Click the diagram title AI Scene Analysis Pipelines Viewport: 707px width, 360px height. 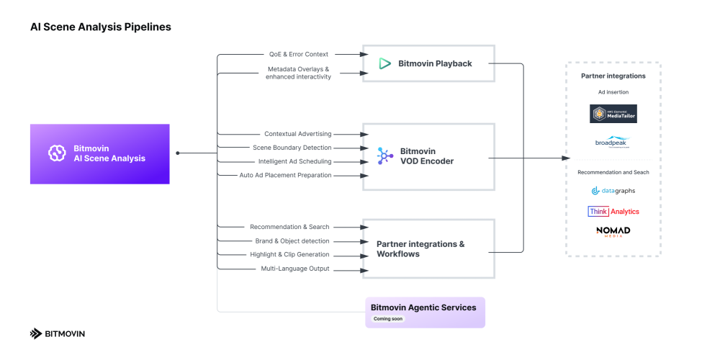[100, 27]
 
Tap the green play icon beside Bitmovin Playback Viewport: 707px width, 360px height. [385, 63]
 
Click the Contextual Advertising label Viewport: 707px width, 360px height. [297, 134]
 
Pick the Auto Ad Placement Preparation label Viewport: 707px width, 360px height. [285, 175]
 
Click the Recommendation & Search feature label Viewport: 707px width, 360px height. [289, 227]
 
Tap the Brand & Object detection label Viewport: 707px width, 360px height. [292, 240]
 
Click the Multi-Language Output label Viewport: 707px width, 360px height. [294, 269]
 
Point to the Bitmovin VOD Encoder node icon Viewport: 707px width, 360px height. [385, 156]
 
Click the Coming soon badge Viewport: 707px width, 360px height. [388, 319]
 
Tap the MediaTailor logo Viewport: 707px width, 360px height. [613, 114]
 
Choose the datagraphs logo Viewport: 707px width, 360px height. [613, 191]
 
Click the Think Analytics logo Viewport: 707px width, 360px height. [613, 212]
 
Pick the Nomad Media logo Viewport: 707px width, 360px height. [613, 231]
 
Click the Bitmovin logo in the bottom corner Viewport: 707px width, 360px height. [57, 333]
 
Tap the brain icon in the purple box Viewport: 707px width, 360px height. [57, 153]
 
